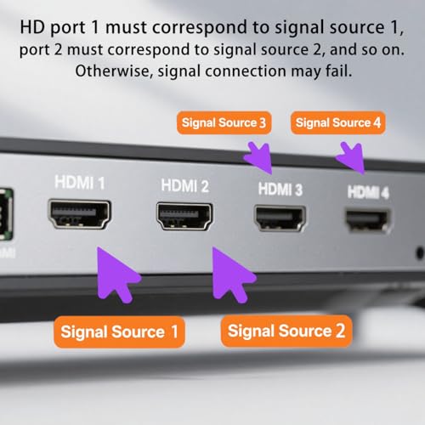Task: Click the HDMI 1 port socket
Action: coord(79,216)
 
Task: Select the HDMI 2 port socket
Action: coord(184,216)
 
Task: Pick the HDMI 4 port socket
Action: coord(367,218)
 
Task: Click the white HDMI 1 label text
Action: coord(80,182)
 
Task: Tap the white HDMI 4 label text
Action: coord(368,192)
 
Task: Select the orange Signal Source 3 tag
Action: coord(223,123)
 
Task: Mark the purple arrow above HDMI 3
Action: coord(258,157)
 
